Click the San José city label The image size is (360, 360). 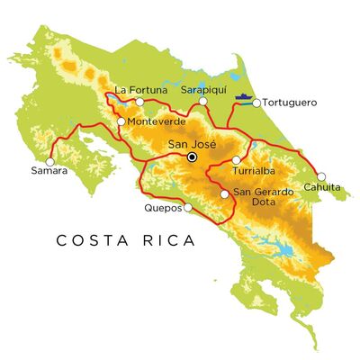(191, 142)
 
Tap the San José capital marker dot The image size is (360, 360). (191, 157)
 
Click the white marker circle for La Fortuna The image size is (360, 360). (139, 102)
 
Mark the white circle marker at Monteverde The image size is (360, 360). (121, 121)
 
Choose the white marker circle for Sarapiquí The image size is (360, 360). (204, 102)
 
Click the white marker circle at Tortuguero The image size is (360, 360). (256, 103)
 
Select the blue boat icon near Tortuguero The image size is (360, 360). (242, 94)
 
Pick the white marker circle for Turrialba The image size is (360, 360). (236, 160)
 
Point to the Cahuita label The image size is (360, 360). (323, 187)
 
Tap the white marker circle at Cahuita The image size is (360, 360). (321, 176)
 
